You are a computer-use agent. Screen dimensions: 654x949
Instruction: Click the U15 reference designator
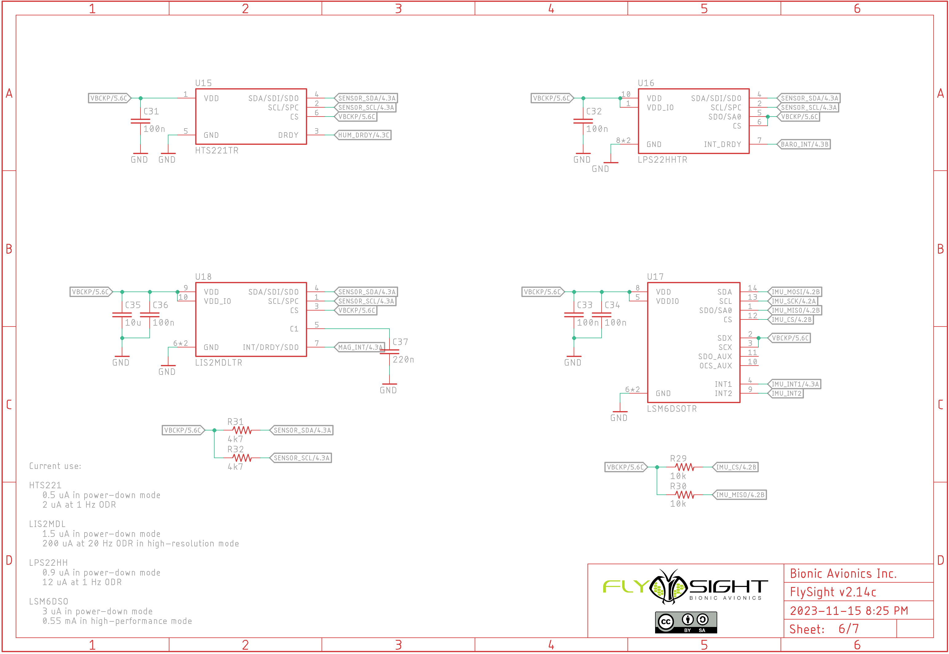[203, 83]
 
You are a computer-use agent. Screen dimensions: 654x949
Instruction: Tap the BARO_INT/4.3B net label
[804, 144]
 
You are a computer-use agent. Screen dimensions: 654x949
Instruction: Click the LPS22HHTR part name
[662, 160]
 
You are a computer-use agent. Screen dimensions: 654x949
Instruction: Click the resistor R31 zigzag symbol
[242, 430]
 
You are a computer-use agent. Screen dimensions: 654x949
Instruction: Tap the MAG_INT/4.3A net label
[360, 347]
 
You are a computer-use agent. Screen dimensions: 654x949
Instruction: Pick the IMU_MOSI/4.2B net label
[795, 292]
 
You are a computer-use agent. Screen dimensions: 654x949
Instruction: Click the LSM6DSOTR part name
[671, 409]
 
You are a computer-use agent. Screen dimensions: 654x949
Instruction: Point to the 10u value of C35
[133, 323]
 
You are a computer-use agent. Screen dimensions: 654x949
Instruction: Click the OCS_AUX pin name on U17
[715, 366]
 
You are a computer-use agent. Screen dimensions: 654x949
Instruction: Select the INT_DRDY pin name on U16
[722, 145]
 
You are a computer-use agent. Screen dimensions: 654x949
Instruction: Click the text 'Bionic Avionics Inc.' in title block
[843, 574]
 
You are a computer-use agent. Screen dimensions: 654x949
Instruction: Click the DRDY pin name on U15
[288, 135]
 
